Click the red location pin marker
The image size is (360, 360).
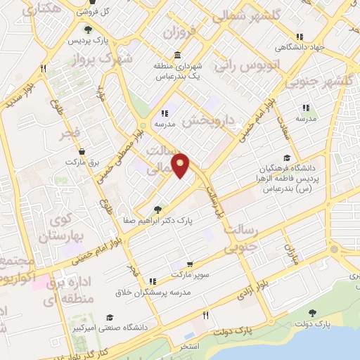tap(181, 165)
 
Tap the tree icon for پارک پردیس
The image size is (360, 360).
tap(87, 30)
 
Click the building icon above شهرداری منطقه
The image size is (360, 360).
tap(175, 55)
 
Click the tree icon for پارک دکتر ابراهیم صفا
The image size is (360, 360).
tap(157, 209)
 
